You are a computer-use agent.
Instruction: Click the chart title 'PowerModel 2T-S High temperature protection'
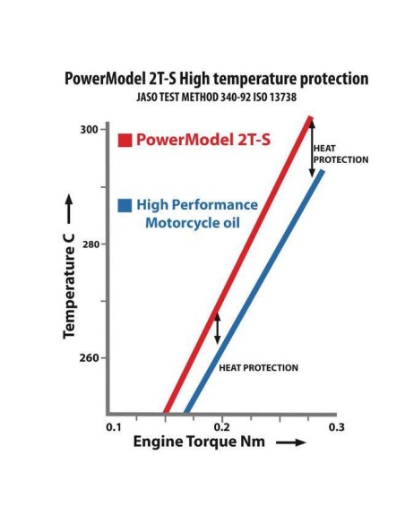(216, 79)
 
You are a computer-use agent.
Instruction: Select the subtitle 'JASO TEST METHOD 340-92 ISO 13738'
(216, 97)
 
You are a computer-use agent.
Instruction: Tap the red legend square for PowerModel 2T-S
(126, 140)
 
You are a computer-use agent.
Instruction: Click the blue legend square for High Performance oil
(126, 205)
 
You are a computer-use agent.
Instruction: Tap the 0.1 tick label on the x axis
(114, 427)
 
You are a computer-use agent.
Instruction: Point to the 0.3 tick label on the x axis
(336, 427)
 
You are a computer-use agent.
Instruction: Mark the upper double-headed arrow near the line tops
(313, 146)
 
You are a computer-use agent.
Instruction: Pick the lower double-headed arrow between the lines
(217, 330)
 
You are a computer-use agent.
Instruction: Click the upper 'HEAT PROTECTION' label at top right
(340, 154)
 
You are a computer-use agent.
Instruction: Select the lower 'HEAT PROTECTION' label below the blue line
(258, 368)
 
